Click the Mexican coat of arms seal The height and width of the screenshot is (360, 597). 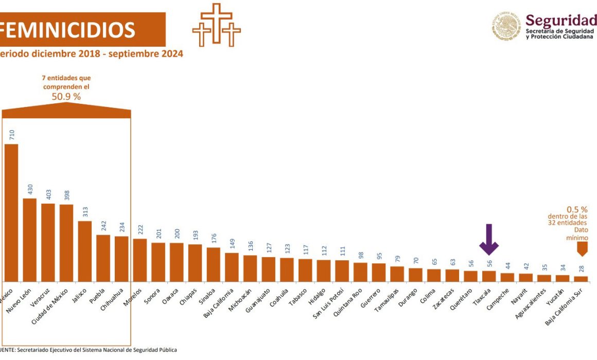(506, 26)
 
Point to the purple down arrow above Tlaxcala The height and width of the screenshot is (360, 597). (488, 239)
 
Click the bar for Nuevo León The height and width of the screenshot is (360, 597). (30, 239)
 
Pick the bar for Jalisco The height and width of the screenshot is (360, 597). (85, 250)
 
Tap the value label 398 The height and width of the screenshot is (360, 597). (66, 196)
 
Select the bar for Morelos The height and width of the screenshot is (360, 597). (139, 260)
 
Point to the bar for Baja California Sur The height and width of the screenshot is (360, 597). (581, 279)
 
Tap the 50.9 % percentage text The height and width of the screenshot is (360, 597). (66, 96)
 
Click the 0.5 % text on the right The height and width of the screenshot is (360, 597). (576, 210)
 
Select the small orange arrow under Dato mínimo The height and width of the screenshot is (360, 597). (582, 249)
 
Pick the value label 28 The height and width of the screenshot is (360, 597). (581, 268)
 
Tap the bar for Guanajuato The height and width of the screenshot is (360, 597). (268, 268)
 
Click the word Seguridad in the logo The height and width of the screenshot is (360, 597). (560, 21)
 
